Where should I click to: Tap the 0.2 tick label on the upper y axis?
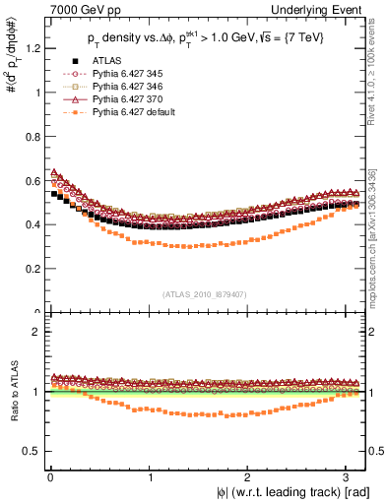(x=32, y=268)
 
